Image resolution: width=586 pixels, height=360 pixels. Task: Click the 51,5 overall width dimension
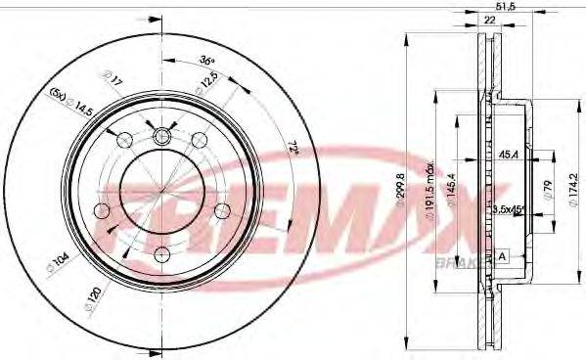point(506,8)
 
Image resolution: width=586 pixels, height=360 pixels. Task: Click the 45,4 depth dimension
point(508,154)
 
